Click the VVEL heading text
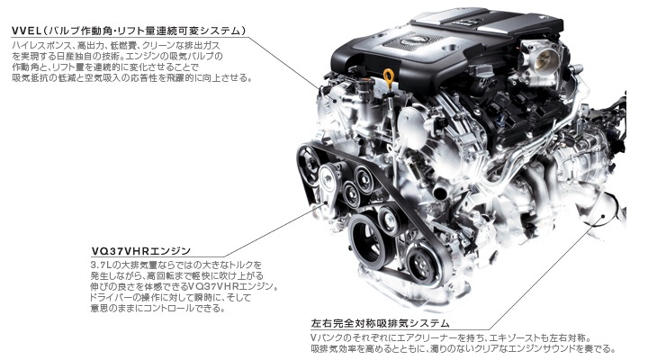(130, 31)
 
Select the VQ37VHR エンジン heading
(140, 251)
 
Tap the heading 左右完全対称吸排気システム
(380, 323)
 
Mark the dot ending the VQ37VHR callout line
(325, 202)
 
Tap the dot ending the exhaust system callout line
(603, 216)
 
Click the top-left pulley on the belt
(309, 159)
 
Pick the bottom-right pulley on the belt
(421, 263)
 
